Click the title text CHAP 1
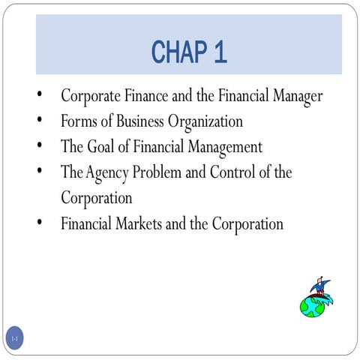(x=189, y=52)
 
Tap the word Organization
(x=208, y=121)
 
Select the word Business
(x=143, y=121)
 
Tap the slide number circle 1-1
(x=14, y=339)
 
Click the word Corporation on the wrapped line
(x=97, y=198)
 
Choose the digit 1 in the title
(x=219, y=52)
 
